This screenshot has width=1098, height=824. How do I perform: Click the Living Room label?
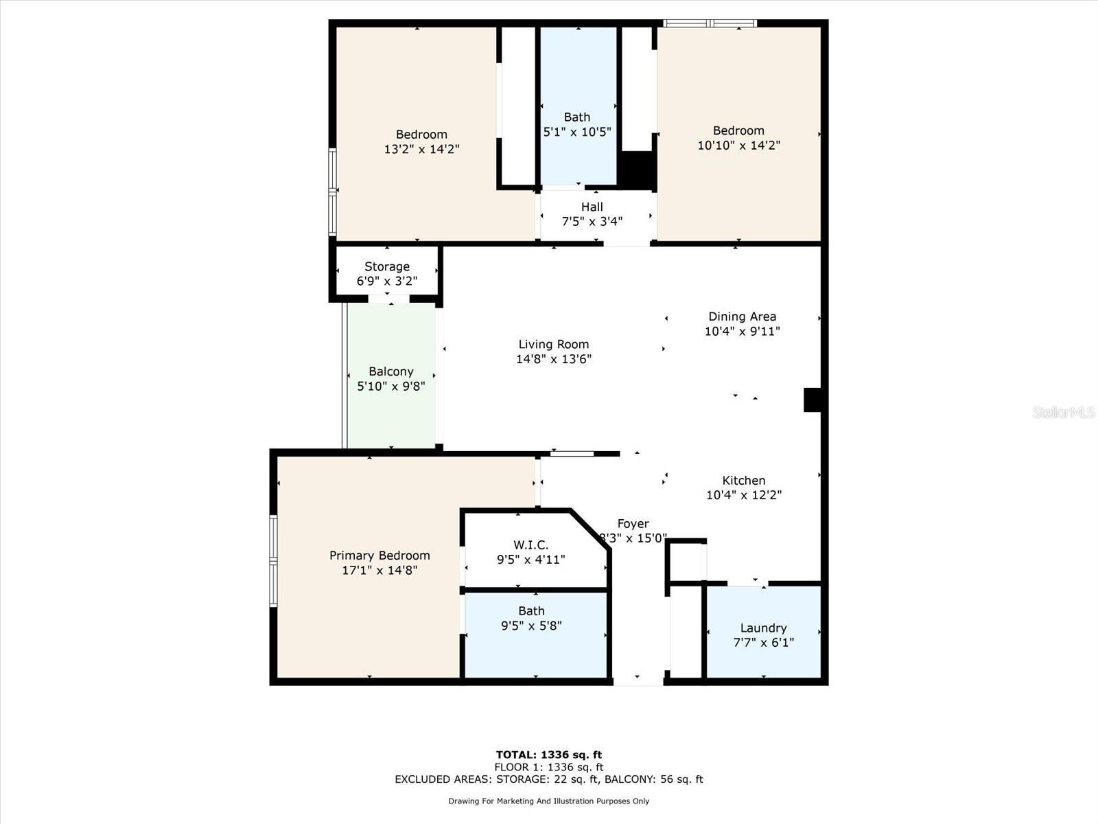coord(553,344)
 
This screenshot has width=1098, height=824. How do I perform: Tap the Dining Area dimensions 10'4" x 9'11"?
coord(743,331)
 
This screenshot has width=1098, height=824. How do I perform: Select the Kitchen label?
coord(743,480)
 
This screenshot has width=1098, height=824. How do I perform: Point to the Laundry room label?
coord(763,628)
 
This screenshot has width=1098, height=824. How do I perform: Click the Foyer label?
coord(633,523)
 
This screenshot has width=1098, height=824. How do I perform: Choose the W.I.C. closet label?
coord(530,545)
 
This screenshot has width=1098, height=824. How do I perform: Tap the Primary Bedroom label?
coord(379,556)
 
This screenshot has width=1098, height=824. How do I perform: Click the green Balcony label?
coord(390,371)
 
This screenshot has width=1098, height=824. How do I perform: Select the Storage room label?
coord(386,266)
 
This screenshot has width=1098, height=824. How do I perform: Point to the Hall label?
coord(592,207)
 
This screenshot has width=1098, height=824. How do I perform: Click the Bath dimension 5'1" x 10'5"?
coord(577,132)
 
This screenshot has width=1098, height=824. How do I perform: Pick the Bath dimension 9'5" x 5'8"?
coord(531,626)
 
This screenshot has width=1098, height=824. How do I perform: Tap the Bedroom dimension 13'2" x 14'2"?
coord(421,149)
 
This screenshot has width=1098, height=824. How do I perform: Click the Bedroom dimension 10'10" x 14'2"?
coord(739,145)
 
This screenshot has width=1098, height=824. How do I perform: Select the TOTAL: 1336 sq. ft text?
coord(549,755)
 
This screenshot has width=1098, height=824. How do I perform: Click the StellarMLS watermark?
coord(1064,412)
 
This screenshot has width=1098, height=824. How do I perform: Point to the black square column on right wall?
coord(813,400)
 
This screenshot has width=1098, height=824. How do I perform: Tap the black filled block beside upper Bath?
coord(638,170)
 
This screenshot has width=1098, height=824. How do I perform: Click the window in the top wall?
coord(710,23)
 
